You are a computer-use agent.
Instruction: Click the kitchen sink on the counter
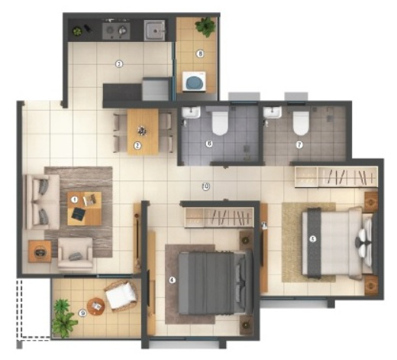pyautogui.click(x=157, y=31)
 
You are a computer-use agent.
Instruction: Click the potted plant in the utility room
pyautogui.click(x=204, y=27)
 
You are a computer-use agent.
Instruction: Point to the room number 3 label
pyautogui.click(x=118, y=64)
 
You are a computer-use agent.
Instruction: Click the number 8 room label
pyautogui.click(x=200, y=54)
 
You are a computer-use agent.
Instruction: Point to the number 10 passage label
pyautogui.click(x=205, y=186)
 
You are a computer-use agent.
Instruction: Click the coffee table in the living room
pyautogui.click(x=84, y=208)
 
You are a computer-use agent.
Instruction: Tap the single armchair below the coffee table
pyautogui.click(x=76, y=251)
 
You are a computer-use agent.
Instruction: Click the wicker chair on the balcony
pyautogui.click(x=121, y=294)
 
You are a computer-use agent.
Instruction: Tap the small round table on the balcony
pyautogui.click(x=96, y=306)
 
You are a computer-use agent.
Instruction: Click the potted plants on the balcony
pyautogui.click(x=63, y=318)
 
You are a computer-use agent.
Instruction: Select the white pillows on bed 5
pyautogui.click(x=361, y=244)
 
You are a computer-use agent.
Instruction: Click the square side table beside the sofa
pyautogui.click(x=40, y=250)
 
